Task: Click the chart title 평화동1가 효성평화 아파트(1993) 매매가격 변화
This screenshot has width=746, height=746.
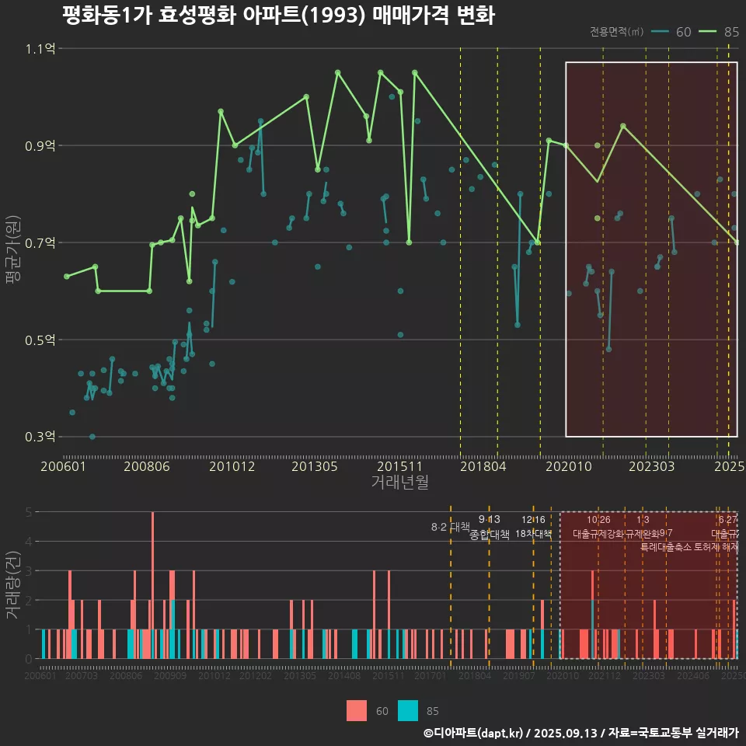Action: click(x=277, y=16)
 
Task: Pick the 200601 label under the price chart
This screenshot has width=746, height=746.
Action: click(x=63, y=466)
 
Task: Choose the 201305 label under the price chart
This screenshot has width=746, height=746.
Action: click(x=314, y=466)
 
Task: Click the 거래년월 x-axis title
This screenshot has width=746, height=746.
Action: click(x=399, y=483)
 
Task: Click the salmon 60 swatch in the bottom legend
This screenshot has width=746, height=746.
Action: click(x=357, y=710)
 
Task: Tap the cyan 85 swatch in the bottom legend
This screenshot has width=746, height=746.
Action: click(x=408, y=710)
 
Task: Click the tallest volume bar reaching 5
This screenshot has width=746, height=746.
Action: click(x=152, y=584)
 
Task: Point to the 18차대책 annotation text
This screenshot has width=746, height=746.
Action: click(x=533, y=534)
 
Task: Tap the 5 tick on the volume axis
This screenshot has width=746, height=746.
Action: click(x=28, y=512)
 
